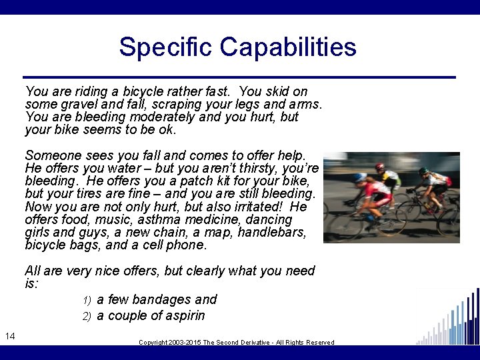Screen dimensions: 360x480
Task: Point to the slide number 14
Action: (10, 335)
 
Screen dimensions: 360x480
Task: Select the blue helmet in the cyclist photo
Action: (361, 177)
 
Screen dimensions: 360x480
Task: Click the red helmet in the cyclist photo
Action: (380, 166)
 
